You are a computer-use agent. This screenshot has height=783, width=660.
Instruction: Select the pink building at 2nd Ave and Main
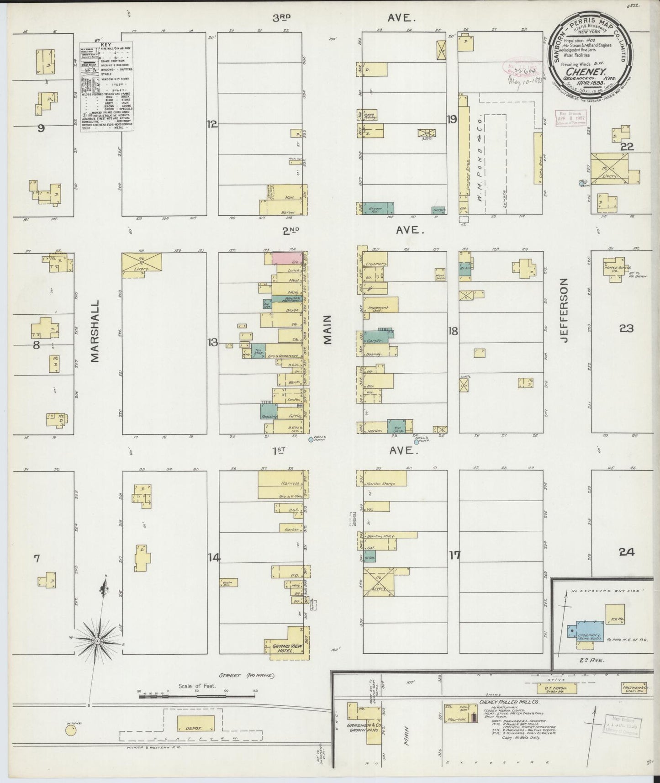(x=283, y=257)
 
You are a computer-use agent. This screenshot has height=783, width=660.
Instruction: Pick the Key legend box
(x=107, y=87)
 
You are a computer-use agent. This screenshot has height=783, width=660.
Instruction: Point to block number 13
(x=213, y=343)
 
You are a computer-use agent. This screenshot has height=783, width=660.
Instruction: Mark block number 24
(x=626, y=552)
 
